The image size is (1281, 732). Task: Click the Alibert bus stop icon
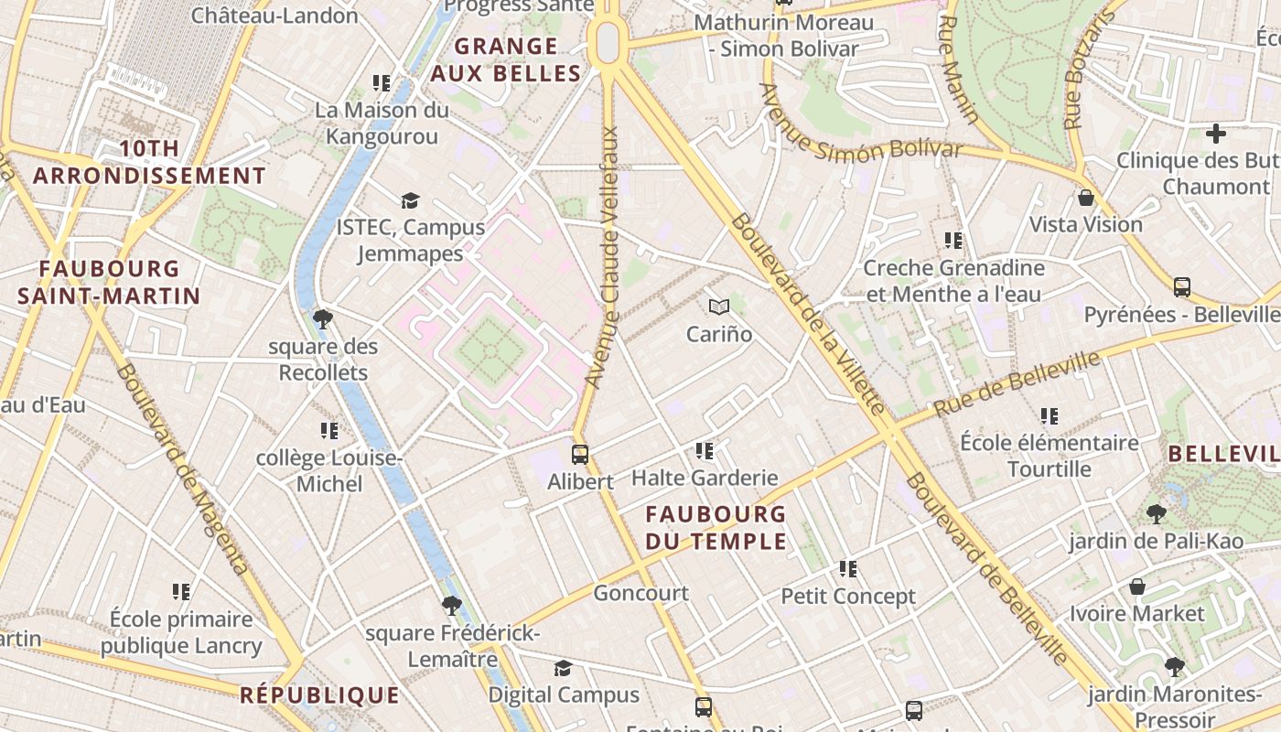(x=579, y=454)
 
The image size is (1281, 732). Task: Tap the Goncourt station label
(x=640, y=593)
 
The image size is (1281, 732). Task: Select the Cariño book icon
(x=719, y=307)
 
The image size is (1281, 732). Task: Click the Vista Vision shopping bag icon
(x=1086, y=198)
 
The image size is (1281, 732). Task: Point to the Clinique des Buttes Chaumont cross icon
(x=1215, y=135)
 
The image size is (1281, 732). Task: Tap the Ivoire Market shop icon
(x=1137, y=587)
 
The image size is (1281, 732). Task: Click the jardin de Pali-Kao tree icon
(x=1157, y=514)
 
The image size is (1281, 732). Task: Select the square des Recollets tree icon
(x=322, y=319)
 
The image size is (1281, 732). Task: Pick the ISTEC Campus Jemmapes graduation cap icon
(x=410, y=200)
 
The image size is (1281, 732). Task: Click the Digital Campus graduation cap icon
(x=563, y=669)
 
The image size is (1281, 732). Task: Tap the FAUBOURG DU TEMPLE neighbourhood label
(x=716, y=528)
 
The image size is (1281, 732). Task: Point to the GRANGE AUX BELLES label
(x=506, y=60)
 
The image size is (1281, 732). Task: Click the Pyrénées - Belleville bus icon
(x=1182, y=287)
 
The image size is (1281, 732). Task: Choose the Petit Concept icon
(x=848, y=569)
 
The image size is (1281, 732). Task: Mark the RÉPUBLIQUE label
(x=320, y=695)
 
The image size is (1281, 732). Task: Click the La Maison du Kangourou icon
(x=382, y=84)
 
